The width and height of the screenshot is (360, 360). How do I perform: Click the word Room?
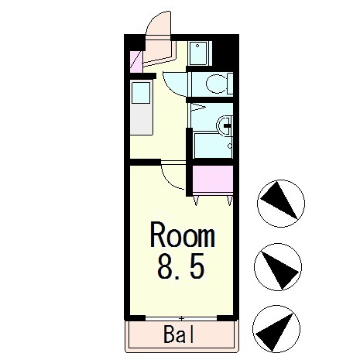pyautogui.click(x=182, y=233)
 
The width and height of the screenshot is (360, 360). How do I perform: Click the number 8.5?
pyautogui.click(x=182, y=267)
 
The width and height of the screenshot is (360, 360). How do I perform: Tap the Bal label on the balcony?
pyautogui.click(x=180, y=335)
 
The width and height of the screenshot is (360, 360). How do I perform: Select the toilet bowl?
pyautogui.click(x=218, y=83)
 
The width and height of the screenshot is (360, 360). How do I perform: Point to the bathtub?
pyautogui.click(x=211, y=146)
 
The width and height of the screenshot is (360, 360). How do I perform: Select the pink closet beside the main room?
pyautogui.click(x=212, y=180)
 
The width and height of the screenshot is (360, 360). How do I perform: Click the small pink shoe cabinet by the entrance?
pyautogui.click(x=136, y=61)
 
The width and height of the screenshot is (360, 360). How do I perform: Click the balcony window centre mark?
pyautogui.click(x=181, y=317)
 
